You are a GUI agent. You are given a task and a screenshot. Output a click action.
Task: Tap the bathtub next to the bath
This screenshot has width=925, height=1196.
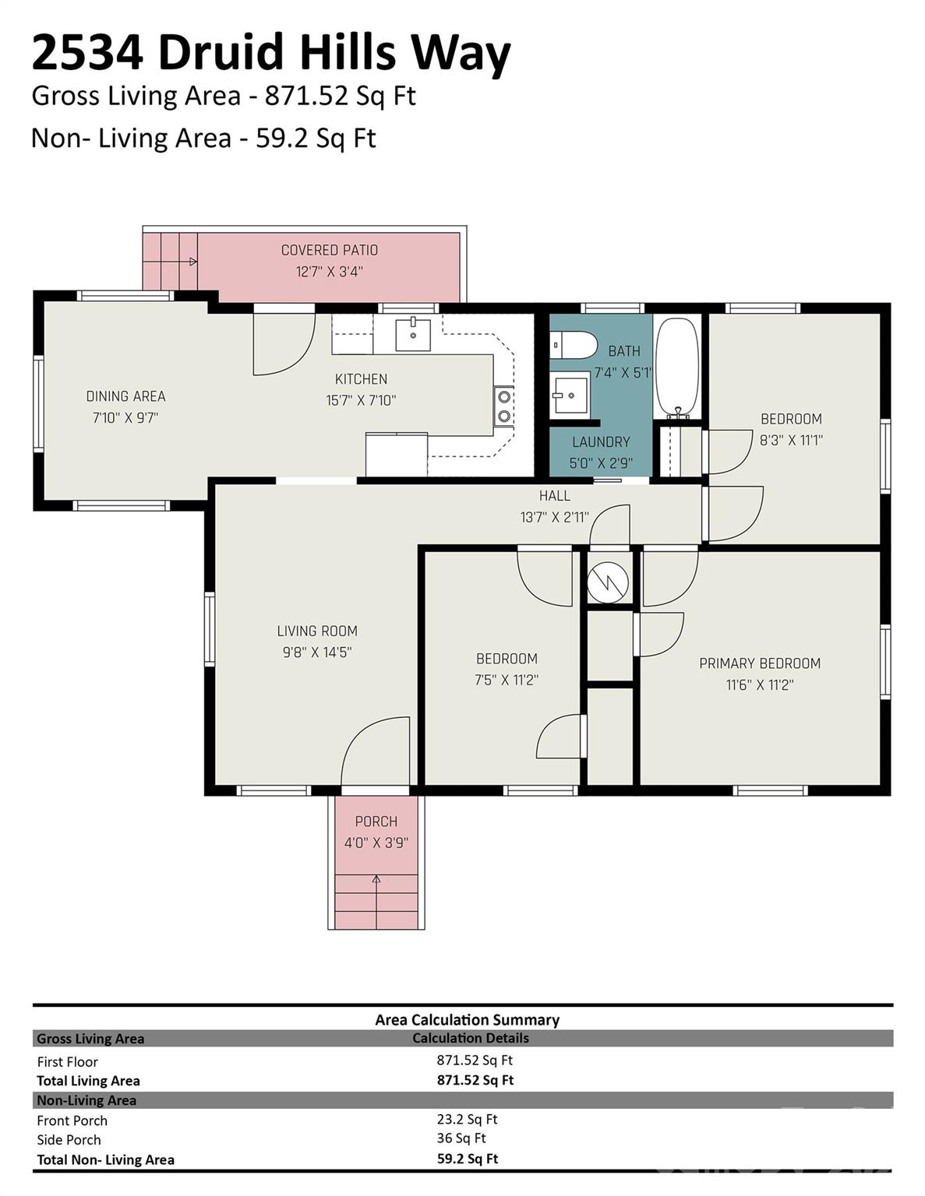coord(677,367)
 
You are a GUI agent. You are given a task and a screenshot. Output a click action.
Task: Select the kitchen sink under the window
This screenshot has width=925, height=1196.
coord(412,335)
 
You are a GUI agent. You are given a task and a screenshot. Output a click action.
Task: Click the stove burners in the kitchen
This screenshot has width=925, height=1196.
coord(503,406)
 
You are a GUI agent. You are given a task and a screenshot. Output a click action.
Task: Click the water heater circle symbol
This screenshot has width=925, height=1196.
coord(608,582)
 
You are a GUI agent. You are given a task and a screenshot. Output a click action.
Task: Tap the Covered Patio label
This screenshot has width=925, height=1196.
coord(329,250)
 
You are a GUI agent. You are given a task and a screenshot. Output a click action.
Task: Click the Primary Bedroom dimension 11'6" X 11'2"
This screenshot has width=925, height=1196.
coord(759,684)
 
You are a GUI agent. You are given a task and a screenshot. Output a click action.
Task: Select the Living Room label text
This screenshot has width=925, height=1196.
coord(317,631)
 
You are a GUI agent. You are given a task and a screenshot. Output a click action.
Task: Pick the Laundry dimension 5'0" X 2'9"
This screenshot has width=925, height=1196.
coord(600,463)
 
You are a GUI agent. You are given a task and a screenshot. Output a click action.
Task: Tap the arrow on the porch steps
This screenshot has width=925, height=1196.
coord(376,880)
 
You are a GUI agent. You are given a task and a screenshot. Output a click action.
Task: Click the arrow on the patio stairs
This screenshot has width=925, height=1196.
coord(192,262)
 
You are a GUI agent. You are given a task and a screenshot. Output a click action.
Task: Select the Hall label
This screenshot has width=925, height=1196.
coord(554,495)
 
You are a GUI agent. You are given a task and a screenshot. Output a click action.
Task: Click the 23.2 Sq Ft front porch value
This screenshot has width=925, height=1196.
coord(467,1119)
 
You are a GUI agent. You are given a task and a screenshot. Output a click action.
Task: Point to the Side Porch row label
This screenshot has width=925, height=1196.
coord(69,1139)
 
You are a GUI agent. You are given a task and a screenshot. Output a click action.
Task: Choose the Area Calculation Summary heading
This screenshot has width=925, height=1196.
coord(467,1019)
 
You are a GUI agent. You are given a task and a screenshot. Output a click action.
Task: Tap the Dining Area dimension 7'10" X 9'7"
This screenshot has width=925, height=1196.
coord(125,417)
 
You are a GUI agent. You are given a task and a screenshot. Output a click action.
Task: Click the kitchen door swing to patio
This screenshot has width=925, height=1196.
coord(282,344)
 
